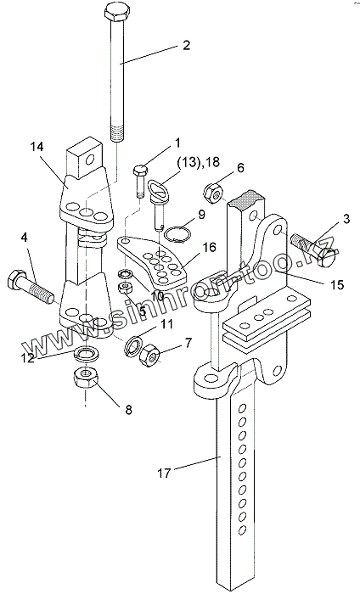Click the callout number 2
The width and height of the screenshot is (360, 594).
click(186, 46)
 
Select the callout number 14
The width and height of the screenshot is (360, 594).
click(37, 147)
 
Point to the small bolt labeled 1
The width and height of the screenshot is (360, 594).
click(139, 181)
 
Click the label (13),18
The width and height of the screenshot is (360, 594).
click(198, 162)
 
